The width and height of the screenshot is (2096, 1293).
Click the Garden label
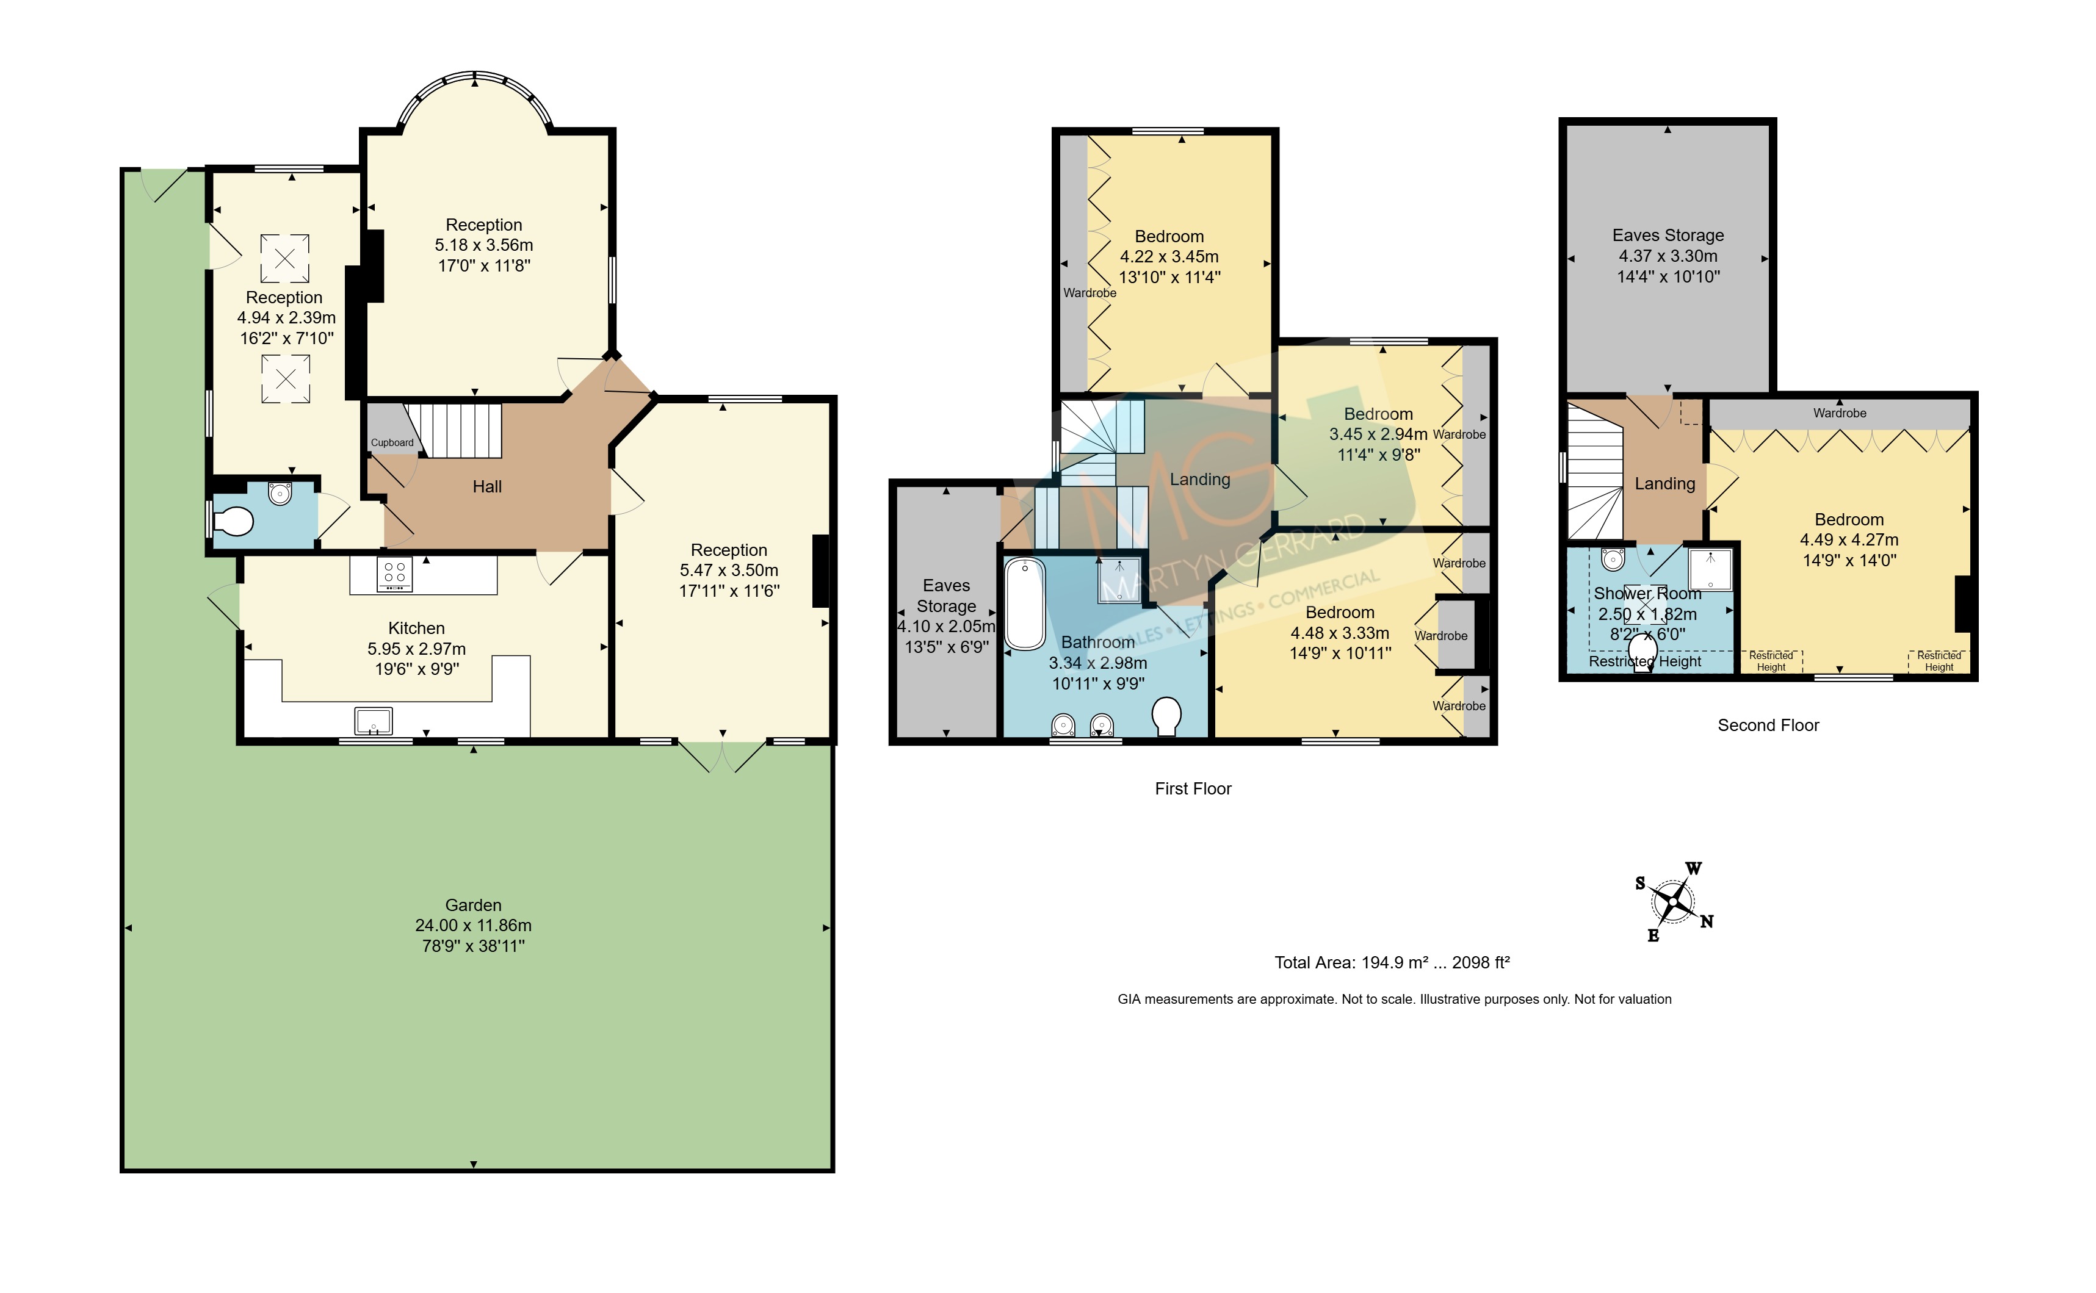coord(473,905)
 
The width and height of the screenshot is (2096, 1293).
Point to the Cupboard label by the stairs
coord(392,443)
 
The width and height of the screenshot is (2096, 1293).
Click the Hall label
coord(488,486)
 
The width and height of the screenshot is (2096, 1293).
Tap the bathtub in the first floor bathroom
coord(1024,603)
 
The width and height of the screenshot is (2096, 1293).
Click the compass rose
coord(1672,901)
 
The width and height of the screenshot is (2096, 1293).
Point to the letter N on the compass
coord(1706,921)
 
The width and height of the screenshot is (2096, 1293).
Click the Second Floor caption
coord(1768,725)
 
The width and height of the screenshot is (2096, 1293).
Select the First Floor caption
coord(1193,788)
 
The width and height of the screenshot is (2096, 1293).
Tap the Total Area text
coord(1392,962)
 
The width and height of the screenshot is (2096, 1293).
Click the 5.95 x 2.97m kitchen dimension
coord(416,648)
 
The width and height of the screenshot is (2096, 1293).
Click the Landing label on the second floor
coord(1664,484)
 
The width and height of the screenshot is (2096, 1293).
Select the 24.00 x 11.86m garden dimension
coord(473,925)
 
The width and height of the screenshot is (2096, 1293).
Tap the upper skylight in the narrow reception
coord(285,258)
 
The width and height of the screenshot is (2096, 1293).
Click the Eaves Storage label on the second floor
coord(1668,235)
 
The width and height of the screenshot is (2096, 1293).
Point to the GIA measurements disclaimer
coord(1394,999)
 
